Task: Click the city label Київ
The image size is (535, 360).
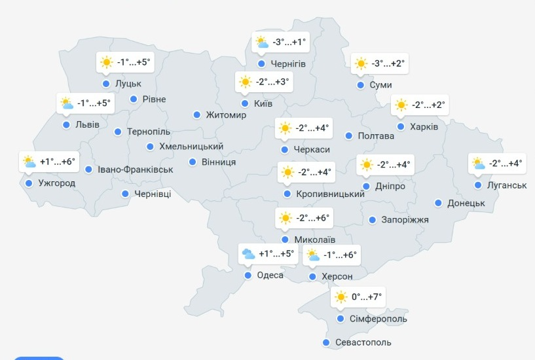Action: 262,103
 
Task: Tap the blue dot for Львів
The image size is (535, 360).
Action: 66,125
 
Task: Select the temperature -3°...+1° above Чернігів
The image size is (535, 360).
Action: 289,43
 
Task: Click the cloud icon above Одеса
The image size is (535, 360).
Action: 248,254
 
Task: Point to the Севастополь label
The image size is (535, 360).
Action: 363,342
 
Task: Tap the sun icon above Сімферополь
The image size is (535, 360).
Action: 340,297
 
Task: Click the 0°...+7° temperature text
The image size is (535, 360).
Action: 367,297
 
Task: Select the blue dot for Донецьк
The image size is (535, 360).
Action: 439,203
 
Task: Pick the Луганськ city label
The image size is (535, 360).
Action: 506,185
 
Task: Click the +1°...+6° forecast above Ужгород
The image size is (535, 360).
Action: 58,162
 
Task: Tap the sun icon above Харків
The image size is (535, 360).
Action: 401,105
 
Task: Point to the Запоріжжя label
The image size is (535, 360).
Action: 405,220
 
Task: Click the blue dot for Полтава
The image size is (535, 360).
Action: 349,136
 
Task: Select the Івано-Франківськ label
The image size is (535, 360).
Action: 136,170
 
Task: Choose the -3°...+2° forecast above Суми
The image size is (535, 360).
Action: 388,63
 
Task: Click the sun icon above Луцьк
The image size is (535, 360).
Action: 106,63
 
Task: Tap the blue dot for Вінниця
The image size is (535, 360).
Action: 193,162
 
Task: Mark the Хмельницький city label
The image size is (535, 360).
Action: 191,147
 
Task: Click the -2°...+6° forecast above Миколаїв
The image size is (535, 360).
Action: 313,218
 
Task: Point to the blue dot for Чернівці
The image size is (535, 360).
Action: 125,194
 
